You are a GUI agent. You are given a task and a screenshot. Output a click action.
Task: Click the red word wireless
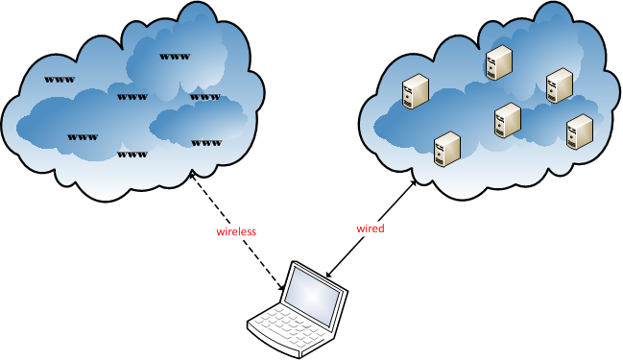236,232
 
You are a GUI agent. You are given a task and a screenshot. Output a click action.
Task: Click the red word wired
370,228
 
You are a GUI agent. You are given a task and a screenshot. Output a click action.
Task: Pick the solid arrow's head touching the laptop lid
329,277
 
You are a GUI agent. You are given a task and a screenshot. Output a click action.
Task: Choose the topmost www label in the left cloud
174,57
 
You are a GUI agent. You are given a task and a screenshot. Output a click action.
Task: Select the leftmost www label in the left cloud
60,78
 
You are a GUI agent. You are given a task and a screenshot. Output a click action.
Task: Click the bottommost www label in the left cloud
132,154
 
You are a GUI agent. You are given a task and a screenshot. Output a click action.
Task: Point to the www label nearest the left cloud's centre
132,96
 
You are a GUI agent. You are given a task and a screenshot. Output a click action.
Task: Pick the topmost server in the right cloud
498,62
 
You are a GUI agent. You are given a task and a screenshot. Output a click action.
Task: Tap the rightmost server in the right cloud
578,131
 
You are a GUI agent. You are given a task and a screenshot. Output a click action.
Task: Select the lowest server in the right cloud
445,149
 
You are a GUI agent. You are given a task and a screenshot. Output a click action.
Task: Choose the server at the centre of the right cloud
507,121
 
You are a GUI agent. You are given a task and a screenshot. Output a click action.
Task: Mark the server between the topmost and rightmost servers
559,85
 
